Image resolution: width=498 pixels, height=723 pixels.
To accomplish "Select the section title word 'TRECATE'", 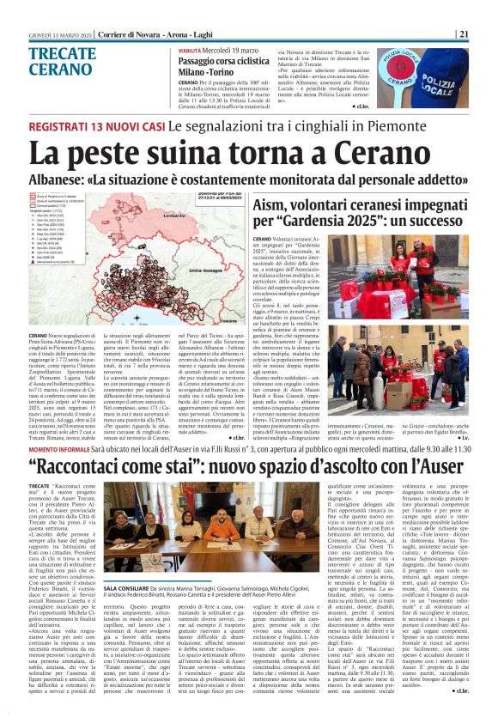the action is click(x=62, y=53).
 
